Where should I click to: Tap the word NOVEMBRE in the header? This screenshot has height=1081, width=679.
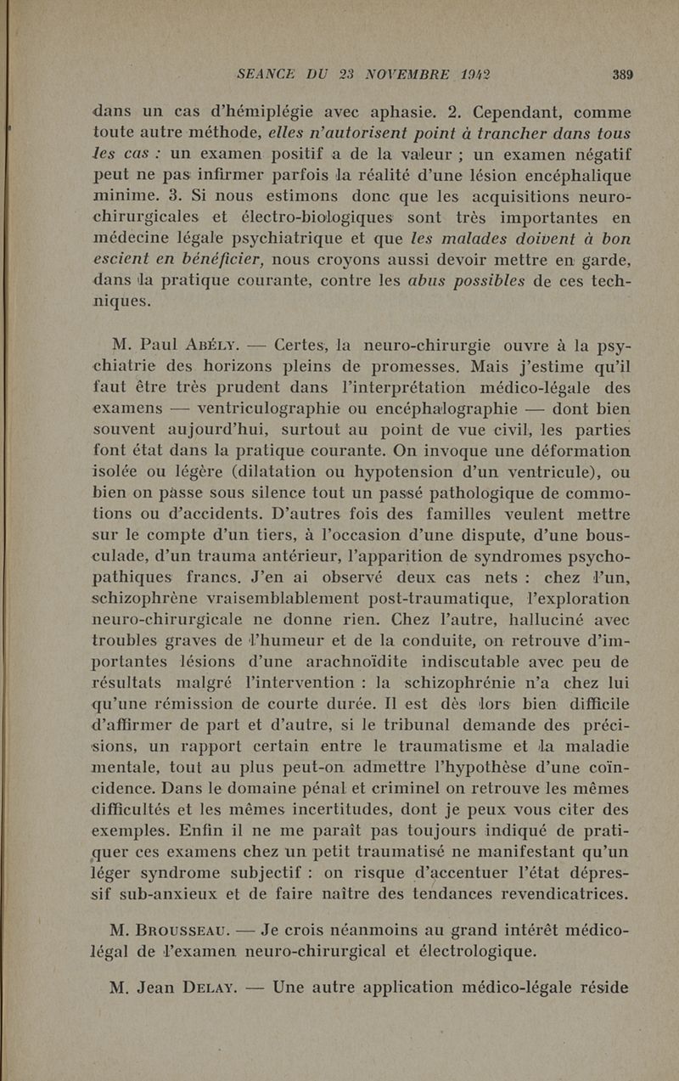(399, 74)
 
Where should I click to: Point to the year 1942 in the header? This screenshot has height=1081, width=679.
(479, 74)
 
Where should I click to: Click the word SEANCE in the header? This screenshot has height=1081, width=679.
(271, 74)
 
